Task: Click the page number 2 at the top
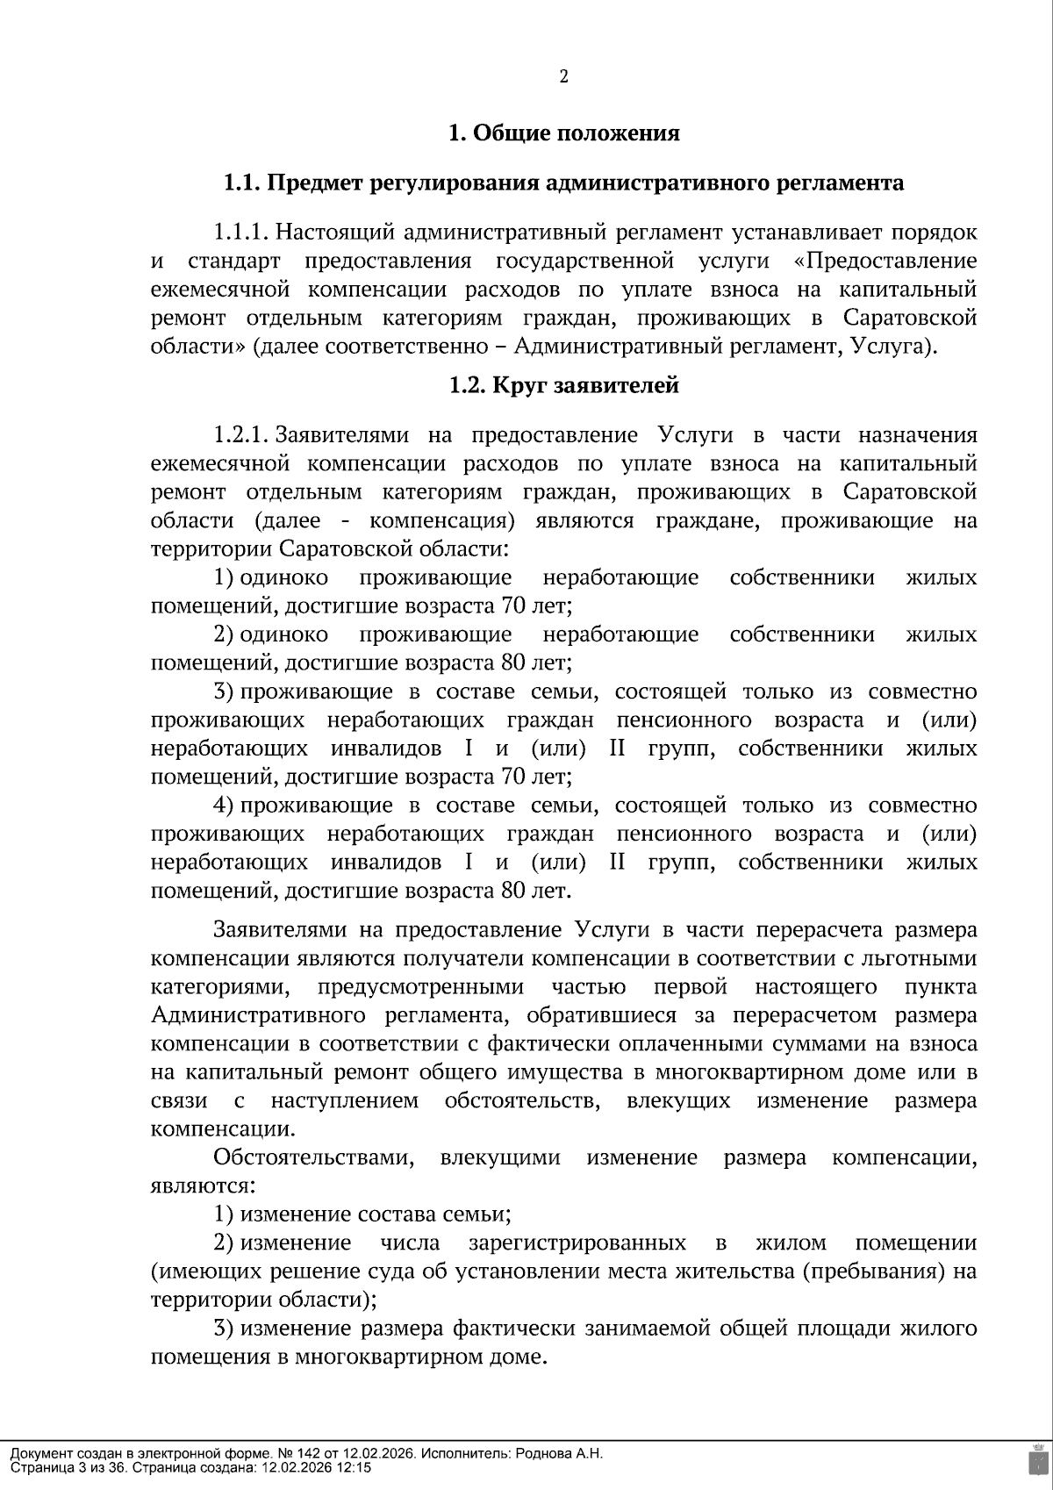(x=564, y=76)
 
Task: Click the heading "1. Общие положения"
(x=563, y=133)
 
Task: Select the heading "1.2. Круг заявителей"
(x=563, y=385)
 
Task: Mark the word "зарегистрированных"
(x=577, y=1243)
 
